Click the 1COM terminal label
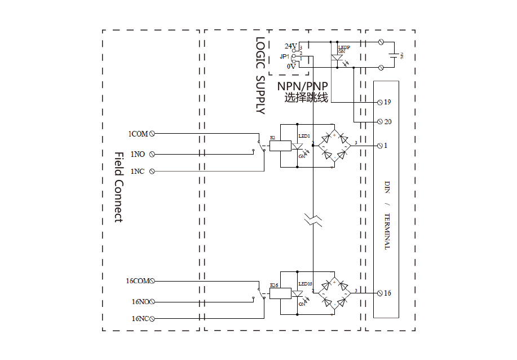click(138, 134)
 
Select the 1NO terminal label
click(138, 153)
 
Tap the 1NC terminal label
click(138, 171)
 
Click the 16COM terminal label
click(138, 280)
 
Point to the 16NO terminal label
click(140, 302)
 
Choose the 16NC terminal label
click(140, 319)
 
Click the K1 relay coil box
click(280, 146)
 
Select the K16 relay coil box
click(281, 293)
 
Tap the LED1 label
click(304, 137)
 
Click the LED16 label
click(305, 284)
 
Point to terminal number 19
click(387, 102)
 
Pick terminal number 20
click(387, 122)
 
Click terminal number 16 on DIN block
click(387, 293)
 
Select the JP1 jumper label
click(284, 56)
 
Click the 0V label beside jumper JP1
click(291, 67)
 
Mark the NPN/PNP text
click(302, 86)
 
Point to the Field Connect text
click(118, 186)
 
